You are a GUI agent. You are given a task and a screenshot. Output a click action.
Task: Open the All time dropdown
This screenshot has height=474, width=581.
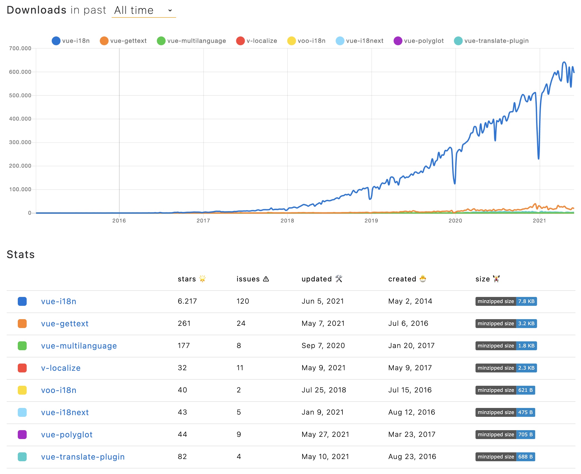point(143,11)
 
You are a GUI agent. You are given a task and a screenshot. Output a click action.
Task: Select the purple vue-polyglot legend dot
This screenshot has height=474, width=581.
point(398,41)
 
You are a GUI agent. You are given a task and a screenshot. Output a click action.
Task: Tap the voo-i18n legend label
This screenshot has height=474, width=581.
point(311,41)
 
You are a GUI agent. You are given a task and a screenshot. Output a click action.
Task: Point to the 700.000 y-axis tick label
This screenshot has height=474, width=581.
point(20,48)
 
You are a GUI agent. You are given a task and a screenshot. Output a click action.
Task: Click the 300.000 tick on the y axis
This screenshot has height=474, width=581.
point(20,142)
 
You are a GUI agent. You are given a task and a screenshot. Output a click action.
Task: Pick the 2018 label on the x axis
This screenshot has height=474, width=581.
point(287,221)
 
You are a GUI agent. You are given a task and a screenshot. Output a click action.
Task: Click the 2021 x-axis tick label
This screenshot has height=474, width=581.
point(539,221)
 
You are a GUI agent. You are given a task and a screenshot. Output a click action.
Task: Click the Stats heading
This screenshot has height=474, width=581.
point(21,254)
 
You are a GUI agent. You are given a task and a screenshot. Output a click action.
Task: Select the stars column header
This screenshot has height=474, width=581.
point(187,279)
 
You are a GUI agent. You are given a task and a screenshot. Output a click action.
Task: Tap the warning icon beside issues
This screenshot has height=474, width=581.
point(266,279)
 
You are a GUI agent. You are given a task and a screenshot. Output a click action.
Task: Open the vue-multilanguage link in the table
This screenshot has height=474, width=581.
point(79,346)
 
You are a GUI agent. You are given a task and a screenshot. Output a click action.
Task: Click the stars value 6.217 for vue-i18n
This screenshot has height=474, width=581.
point(187,301)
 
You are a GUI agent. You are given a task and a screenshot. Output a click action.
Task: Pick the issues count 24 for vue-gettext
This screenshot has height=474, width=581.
point(241,323)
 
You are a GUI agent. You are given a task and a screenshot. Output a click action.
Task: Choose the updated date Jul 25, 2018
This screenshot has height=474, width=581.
point(324,390)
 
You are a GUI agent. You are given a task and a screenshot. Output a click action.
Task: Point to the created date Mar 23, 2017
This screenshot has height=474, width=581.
point(412,434)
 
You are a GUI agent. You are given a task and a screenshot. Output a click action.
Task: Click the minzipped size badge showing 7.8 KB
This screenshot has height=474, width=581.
point(506,301)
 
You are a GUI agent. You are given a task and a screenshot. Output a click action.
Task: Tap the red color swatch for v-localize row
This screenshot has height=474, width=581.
point(22,368)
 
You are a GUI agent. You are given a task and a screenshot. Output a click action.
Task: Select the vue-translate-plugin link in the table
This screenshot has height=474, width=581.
point(83,457)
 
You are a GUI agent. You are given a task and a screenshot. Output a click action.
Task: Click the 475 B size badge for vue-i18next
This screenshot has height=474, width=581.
point(505,412)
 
